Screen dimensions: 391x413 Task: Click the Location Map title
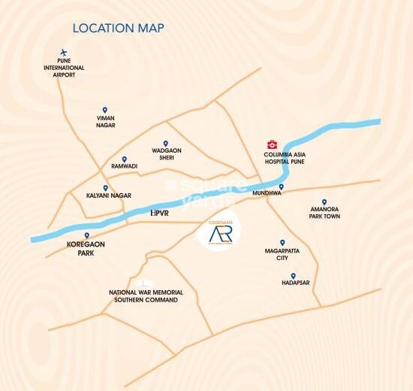pyautogui.click(x=119, y=29)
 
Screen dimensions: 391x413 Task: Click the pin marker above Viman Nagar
pyautogui.click(x=104, y=109)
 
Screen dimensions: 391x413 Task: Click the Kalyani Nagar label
pyautogui.click(x=110, y=195)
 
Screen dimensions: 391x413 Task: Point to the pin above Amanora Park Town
pyautogui.click(x=324, y=202)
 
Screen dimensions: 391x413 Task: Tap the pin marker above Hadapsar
pyautogui.click(x=293, y=276)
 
